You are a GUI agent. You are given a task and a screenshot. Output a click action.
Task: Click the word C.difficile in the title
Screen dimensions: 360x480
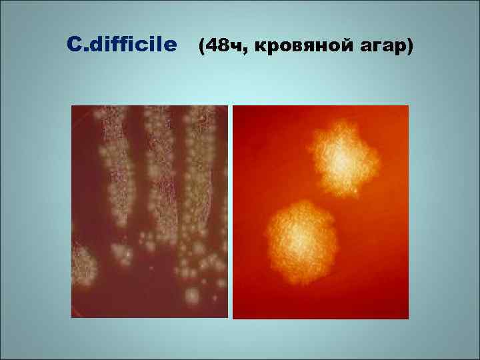coord(123,45)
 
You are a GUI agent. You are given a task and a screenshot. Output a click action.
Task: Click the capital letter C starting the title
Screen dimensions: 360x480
coord(74,45)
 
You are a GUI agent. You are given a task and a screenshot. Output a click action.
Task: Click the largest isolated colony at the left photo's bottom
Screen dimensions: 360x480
coord(192,295)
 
